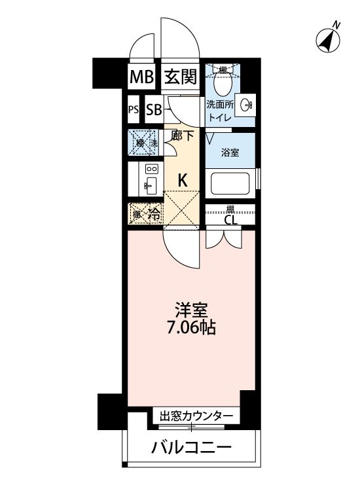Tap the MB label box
click(x=141, y=77)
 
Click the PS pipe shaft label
click(x=133, y=110)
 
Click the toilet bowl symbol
click(x=222, y=84)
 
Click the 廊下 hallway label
click(x=181, y=136)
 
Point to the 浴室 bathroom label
click(x=228, y=153)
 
